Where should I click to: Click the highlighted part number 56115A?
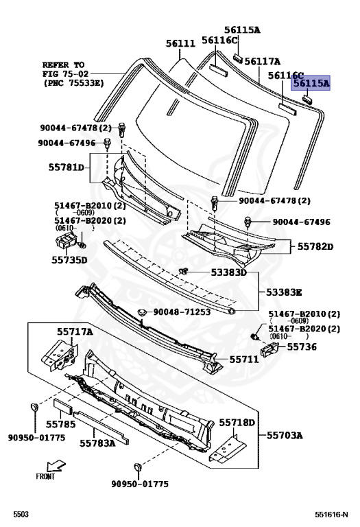311,83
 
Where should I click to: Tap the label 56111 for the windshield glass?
180,44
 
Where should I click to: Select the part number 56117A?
262,62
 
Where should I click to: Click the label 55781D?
66,167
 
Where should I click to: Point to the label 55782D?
315,247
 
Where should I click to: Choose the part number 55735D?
69,260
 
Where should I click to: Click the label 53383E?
284,292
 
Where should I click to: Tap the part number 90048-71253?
182,312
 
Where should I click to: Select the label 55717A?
75,331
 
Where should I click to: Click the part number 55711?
244,360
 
